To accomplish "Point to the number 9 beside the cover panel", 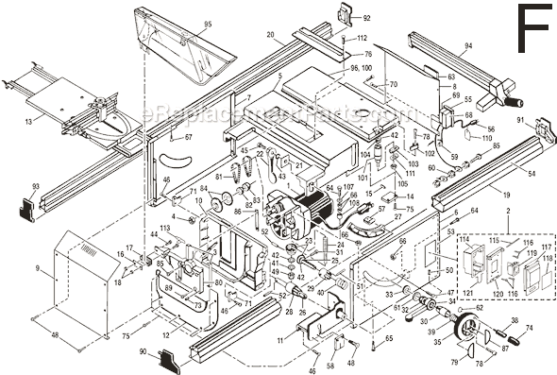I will click(38, 269).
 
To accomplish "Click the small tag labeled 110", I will click(487, 138).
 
